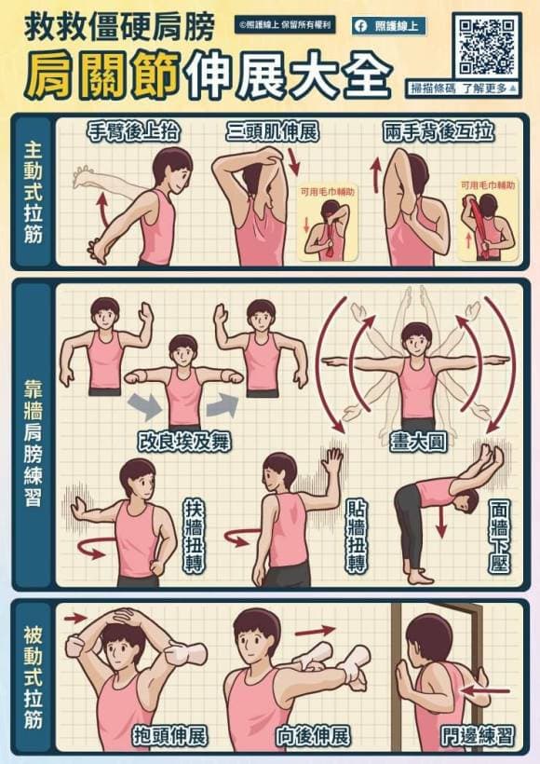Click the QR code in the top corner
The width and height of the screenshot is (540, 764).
(487, 46)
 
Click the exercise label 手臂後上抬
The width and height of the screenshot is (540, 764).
(133, 132)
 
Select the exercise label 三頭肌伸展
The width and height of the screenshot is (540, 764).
(272, 132)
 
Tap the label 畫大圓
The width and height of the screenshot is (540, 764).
(415, 439)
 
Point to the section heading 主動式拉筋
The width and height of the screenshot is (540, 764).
(34, 191)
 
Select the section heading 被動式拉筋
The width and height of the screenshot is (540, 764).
(34, 675)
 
